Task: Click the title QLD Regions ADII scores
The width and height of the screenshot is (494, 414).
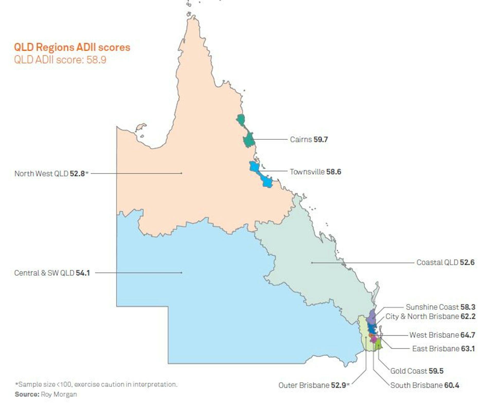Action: tap(72, 47)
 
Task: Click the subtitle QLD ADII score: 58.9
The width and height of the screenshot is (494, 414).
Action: tap(60, 60)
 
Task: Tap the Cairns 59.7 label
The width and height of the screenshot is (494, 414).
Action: tap(309, 140)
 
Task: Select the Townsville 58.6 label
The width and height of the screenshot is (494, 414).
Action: tap(315, 172)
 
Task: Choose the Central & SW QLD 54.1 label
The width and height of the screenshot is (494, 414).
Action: tap(52, 273)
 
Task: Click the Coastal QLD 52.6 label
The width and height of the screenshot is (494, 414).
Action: tap(445, 262)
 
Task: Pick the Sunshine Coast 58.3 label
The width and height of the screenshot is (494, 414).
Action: tap(440, 307)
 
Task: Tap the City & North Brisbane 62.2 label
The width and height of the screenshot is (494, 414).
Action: tap(430, 316)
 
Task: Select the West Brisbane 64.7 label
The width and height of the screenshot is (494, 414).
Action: tap(442, 335)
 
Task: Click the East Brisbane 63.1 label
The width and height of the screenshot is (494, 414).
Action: tap(443, 349)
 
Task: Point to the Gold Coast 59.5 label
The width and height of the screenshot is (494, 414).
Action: tap(417, 371)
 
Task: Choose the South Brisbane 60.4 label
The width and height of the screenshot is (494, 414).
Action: tap(425, 385)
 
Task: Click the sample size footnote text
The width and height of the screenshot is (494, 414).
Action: tap(96, 384)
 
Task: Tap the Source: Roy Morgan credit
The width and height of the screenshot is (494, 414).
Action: tap(46, 394)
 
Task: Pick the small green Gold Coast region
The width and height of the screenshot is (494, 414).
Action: tap(378, 345)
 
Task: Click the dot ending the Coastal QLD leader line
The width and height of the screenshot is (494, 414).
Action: tap(312, 263)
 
